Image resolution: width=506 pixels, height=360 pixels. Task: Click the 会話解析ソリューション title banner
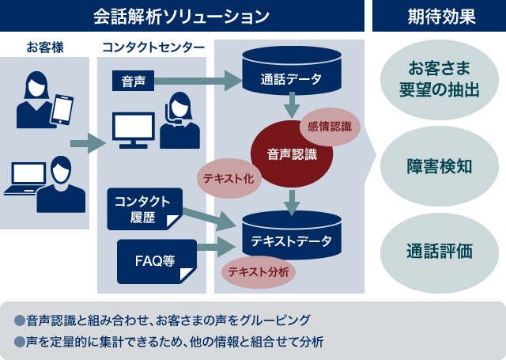coord(181,16)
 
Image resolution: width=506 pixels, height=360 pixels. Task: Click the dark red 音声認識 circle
coord(291,154)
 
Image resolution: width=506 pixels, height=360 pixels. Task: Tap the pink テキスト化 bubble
coord(228,179)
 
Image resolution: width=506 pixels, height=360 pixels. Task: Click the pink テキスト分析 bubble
coord(258,272)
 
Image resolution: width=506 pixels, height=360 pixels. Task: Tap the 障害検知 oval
coord(439,167)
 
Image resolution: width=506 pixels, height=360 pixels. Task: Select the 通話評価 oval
coord(439,252)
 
